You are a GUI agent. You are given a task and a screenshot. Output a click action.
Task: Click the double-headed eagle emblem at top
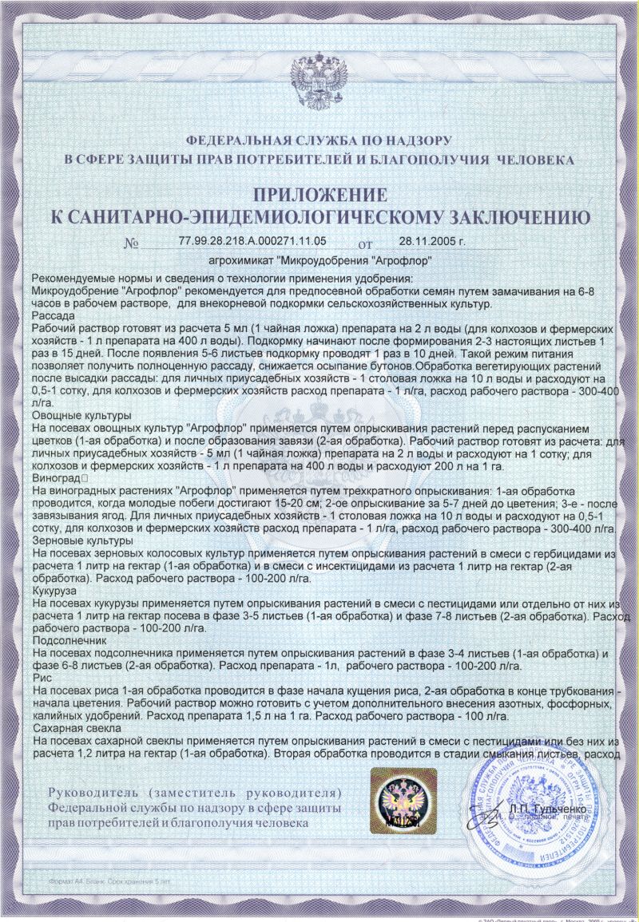(319, 84)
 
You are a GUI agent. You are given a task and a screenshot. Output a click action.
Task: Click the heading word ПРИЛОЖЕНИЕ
(319, 195)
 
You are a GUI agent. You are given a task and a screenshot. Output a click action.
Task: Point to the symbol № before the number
(132, 243)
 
